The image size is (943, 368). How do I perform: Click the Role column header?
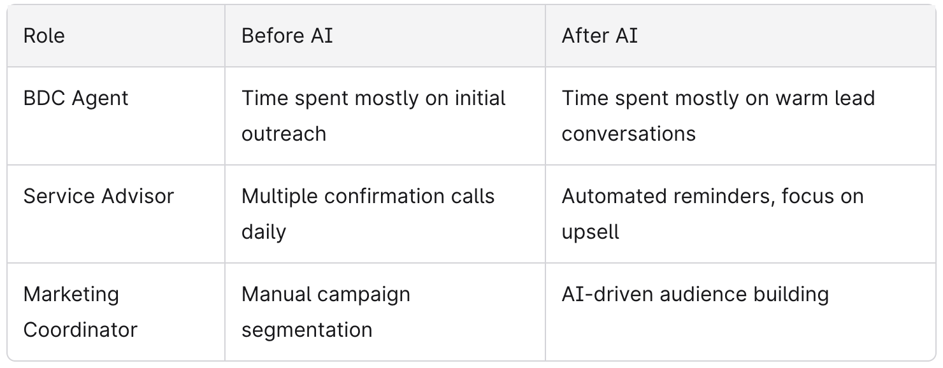pyautogui.click(x=44, y=36)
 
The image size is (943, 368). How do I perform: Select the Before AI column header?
pyautogui.click(x=287, y=36)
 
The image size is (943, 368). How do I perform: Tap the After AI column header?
pyautogui.click(x=600, y=36)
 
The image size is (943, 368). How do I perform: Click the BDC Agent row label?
pyautogui.click(x=76, y=99)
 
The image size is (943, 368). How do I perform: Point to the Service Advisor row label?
pyautogui.click(x=99, y=196)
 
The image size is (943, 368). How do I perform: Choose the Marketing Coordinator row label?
pyautogui.click(x=80, y=312)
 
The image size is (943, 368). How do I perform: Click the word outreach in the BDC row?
pyautogui.click(x=284, y=134)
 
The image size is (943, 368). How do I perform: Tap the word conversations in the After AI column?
pyautogui.click(x=628, y=134)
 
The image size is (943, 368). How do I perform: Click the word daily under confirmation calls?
pyautogui.click(x=264, y=232)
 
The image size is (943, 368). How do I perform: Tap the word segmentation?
pyautogui.click(x=307, y=330)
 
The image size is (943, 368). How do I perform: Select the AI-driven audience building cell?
pyautogui.click(x=695, y=294)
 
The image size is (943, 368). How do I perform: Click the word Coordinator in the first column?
pyautogui.click(x=80, y=330)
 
